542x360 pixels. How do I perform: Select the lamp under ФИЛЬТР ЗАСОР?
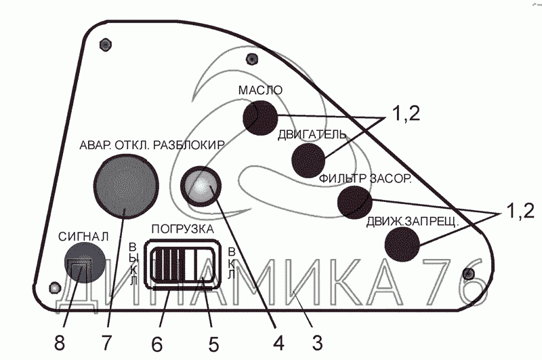click(x=354, y=202)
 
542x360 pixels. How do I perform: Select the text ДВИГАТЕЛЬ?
click(x=313, y=134)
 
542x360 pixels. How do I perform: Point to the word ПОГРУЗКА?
click(x=182, y=228)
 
